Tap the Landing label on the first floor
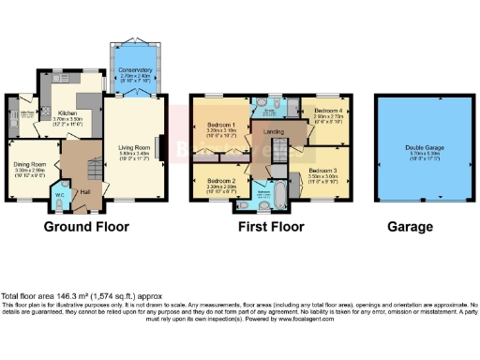[x=275, y=132]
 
